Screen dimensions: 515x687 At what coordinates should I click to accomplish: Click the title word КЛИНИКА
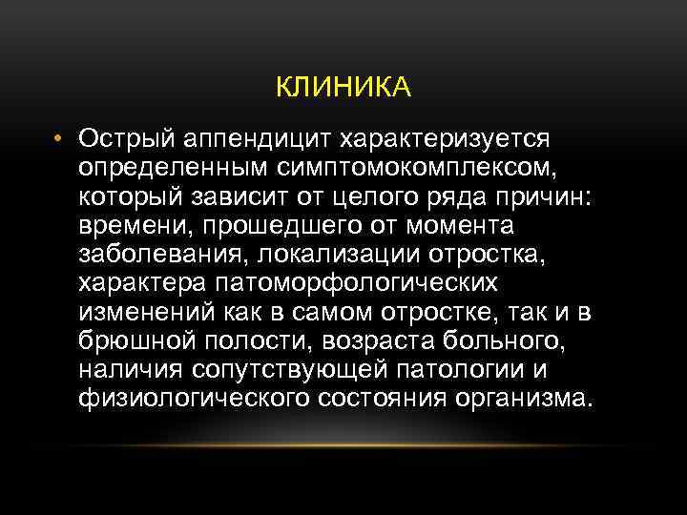point(343,89)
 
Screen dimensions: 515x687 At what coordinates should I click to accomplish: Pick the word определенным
point(159,169)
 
